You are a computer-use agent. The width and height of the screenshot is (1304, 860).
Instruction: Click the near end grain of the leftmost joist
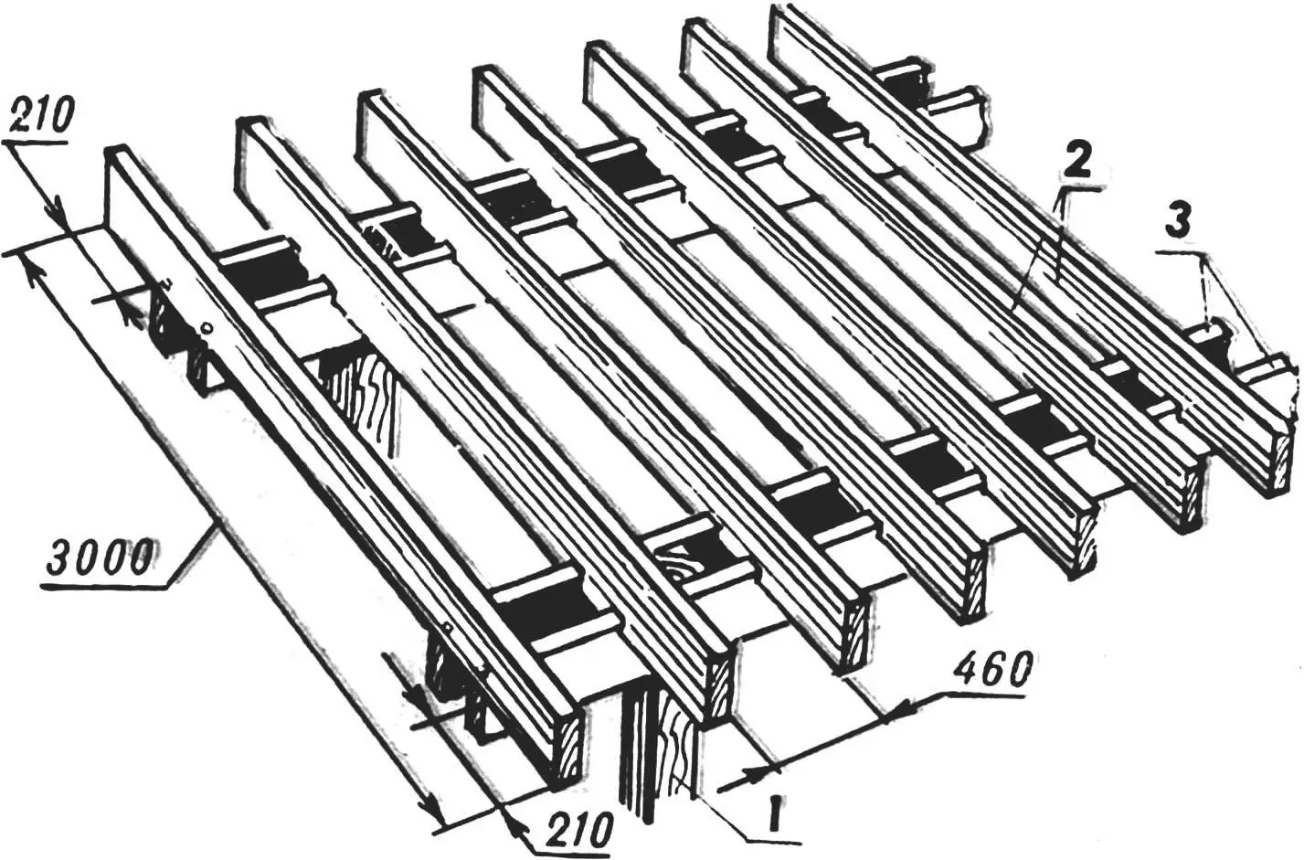coord(568,750)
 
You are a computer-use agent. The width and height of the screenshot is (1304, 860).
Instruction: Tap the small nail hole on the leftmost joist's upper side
coord(205,330)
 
